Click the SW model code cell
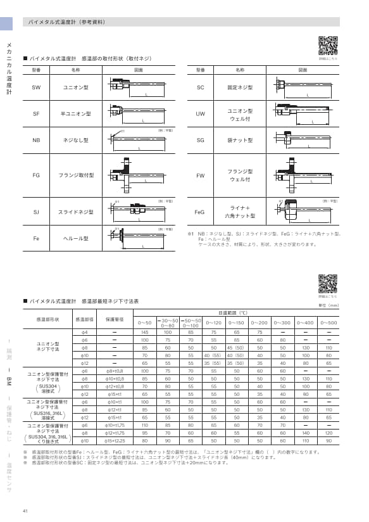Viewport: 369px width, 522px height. pos(36,87)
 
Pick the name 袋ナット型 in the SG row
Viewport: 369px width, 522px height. pos(240,140)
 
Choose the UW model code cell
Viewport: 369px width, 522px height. pos(200,114)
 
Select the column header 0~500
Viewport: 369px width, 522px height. pos(328,323)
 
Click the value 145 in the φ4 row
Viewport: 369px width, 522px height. pos(144,332)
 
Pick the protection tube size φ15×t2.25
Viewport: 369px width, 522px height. pos(115,440)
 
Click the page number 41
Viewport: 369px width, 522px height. pos(25,511)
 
